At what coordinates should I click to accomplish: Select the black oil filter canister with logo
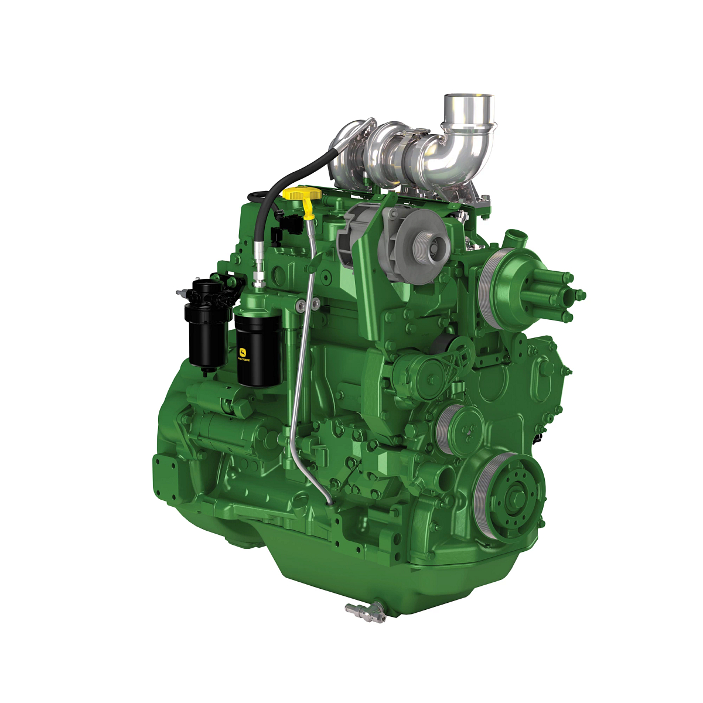pyautogui.click(x=258, y=351)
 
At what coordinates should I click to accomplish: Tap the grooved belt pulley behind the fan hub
pyautogui.click(x=489, y=287)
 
